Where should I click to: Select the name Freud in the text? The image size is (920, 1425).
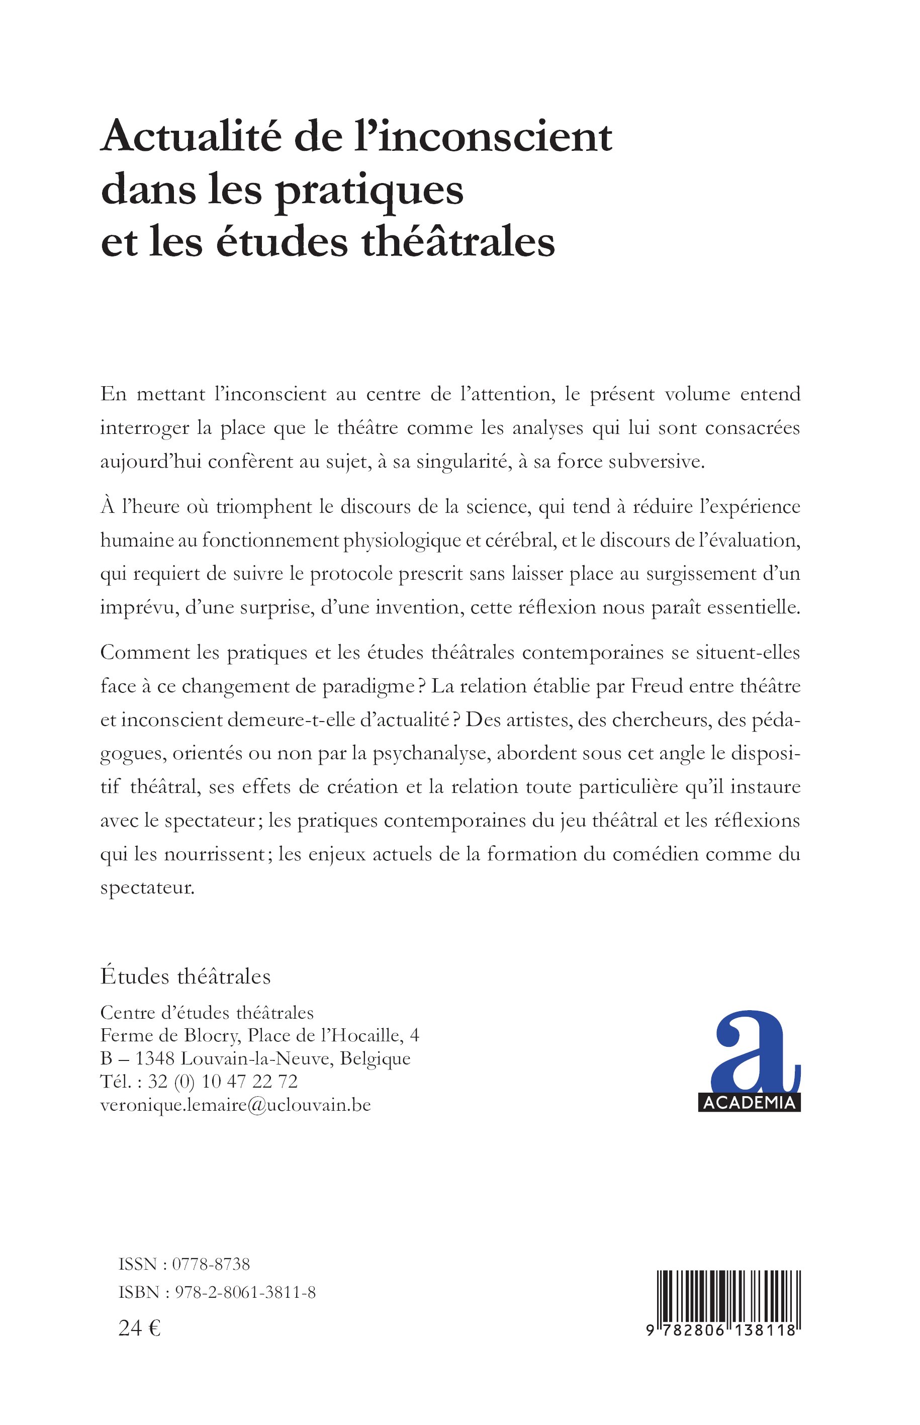(x=656, y=686)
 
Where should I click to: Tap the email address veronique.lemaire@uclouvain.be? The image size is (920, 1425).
(x=235, y=1105)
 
